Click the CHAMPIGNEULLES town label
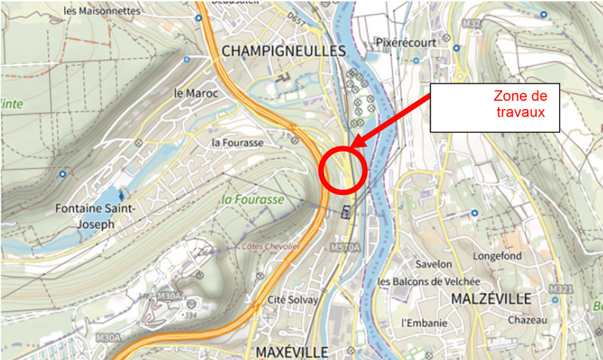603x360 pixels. (x=283, y=51)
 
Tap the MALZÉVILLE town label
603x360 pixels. (x=492, y=298)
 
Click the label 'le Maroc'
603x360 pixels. (x=194, y=93)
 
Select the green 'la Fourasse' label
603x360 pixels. (x=253, y=200)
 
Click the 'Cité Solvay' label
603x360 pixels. (x=293, y=300)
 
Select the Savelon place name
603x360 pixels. (x=433, y=264)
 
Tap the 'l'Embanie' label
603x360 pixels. (x=424, y=323)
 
